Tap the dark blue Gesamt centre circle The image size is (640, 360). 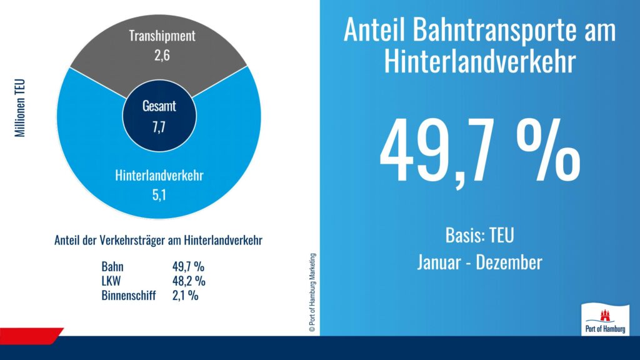point(159,115)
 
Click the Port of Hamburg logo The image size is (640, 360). point(604,319)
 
